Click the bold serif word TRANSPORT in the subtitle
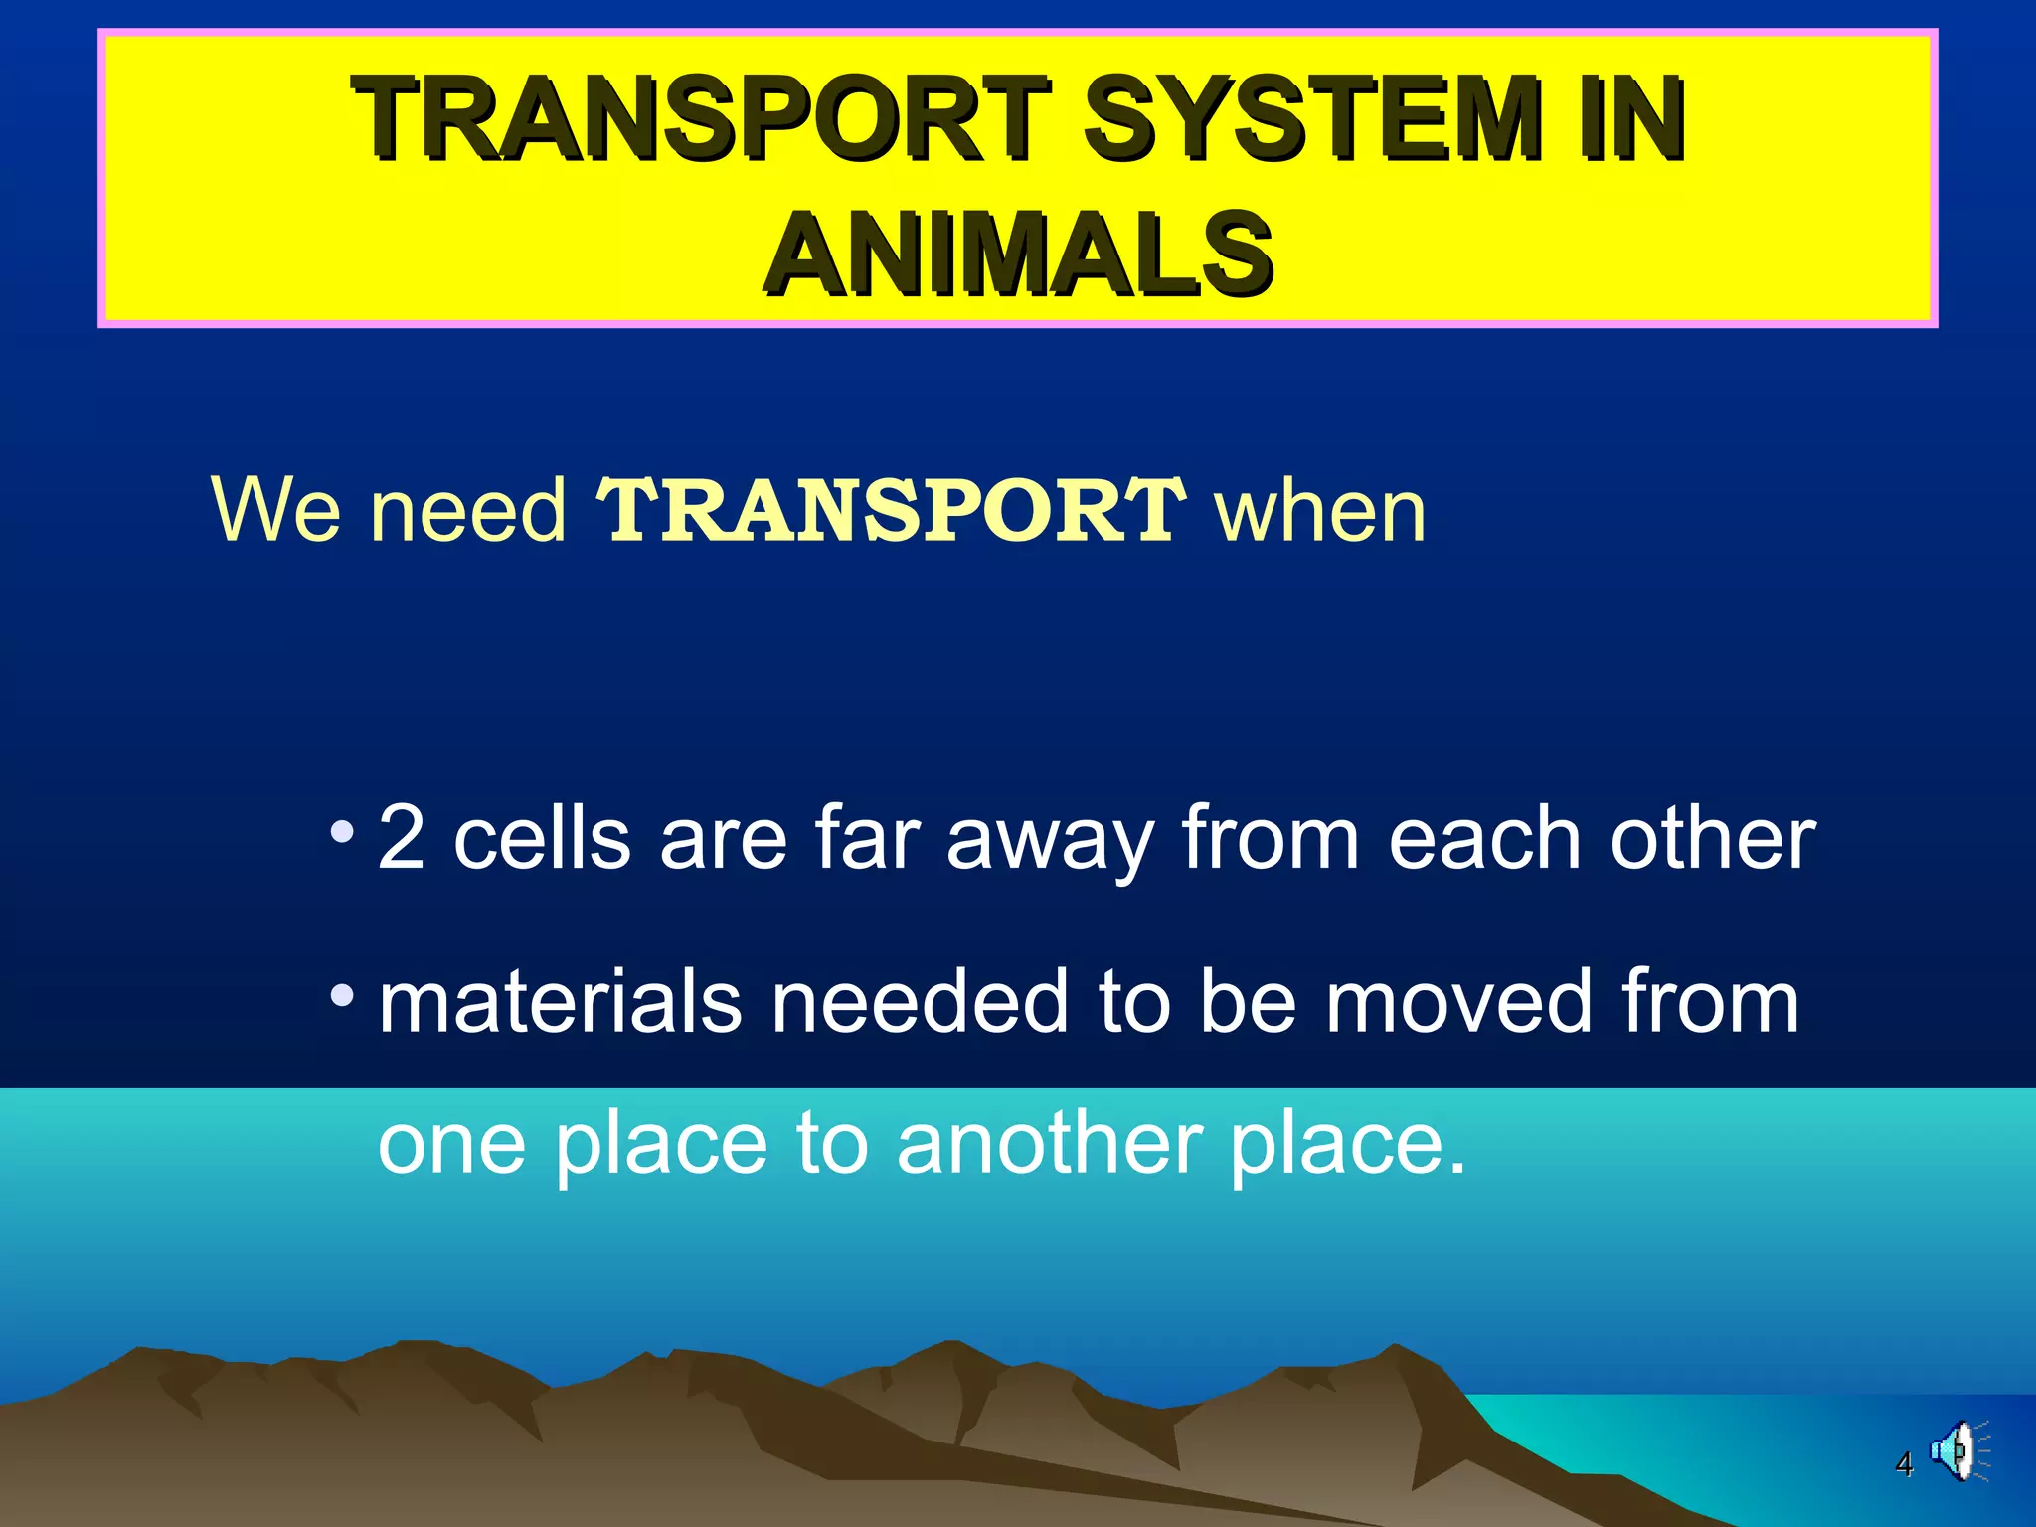891,510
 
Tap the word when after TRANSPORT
1321,510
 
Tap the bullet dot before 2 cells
342,831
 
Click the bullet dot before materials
342,994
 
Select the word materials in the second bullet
560,1002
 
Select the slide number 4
1904,1464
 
